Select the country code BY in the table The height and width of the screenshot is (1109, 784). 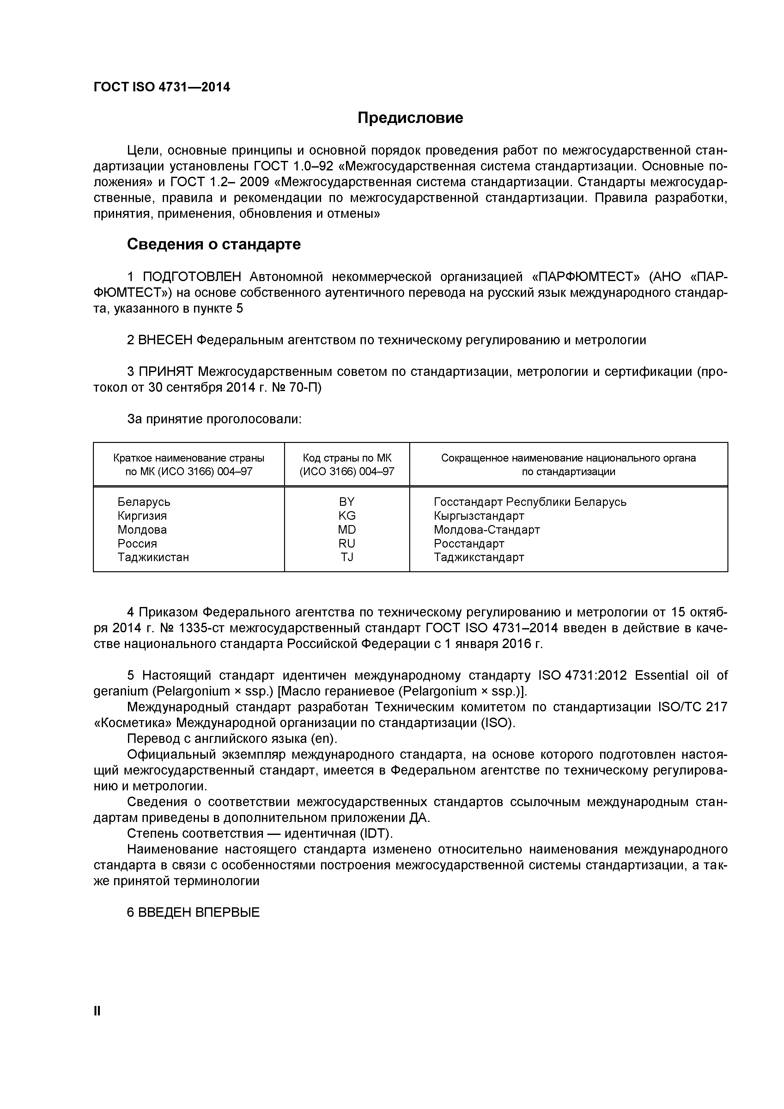pyautogui.click(x=347, y=502)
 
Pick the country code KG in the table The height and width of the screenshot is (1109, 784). pyautogui.click(x=347, y=516)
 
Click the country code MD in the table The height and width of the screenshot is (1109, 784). pyautogui.click(x=347, y=530)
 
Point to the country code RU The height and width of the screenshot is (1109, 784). pyautogui.click(x=347, y=544)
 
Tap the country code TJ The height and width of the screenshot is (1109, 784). pyautogui.click(x=347, y=557)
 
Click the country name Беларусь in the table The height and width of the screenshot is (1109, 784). pyautogui.click(x=144, y=502)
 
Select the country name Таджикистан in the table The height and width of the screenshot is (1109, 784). pyautogui.click(x=153, y=557)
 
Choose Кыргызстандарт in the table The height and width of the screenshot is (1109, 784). pyautogui.click(x=479, y=516)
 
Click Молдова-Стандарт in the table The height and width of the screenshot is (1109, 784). pyautogui.click(x=487, y=530)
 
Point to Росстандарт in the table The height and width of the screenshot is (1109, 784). pyautogui.click(x=469, y=544)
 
